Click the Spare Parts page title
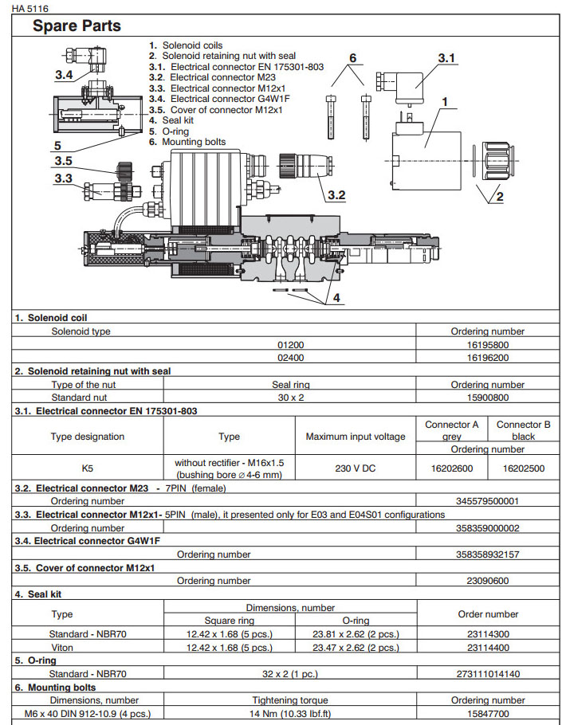tap(77, 26)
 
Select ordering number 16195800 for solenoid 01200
tap(488, 345)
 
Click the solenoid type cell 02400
tap(290, 358)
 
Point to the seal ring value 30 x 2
tap(290, 397)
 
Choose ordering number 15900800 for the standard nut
tap(488, 397)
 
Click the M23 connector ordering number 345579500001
tap(488, 501)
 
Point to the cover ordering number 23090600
tap(488, 581)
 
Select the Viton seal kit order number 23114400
tap(488, 648)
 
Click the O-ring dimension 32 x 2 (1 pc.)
tap(290, 673)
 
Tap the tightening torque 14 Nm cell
tap(290, 713)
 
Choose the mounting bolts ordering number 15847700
tap(488, 713)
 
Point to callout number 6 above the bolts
tap(352, 57)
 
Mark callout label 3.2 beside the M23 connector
tap(336, 194)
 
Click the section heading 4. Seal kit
tap(39, 594)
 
